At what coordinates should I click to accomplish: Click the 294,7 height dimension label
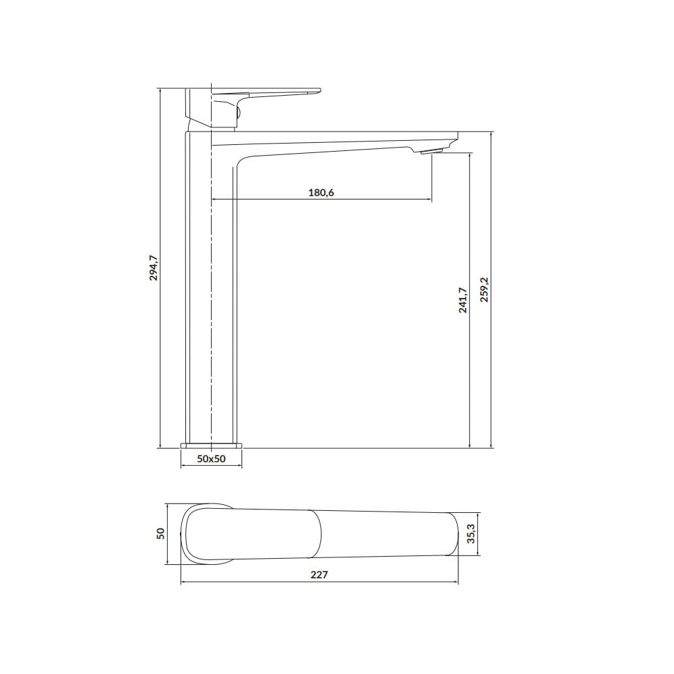click(154, 268)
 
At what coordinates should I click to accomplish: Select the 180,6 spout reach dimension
click(321, 193)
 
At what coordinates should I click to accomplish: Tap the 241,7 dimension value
click(462, 300)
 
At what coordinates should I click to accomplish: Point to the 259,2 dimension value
click(484, 289)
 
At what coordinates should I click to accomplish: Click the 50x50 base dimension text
click(211, 458)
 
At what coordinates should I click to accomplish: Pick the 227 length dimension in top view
click(319, 575)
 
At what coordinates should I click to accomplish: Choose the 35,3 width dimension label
click(472, 533)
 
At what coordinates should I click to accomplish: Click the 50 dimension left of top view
click(160, 533)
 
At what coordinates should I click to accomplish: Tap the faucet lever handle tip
click(319, 90)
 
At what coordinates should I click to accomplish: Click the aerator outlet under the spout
click(431, 150)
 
